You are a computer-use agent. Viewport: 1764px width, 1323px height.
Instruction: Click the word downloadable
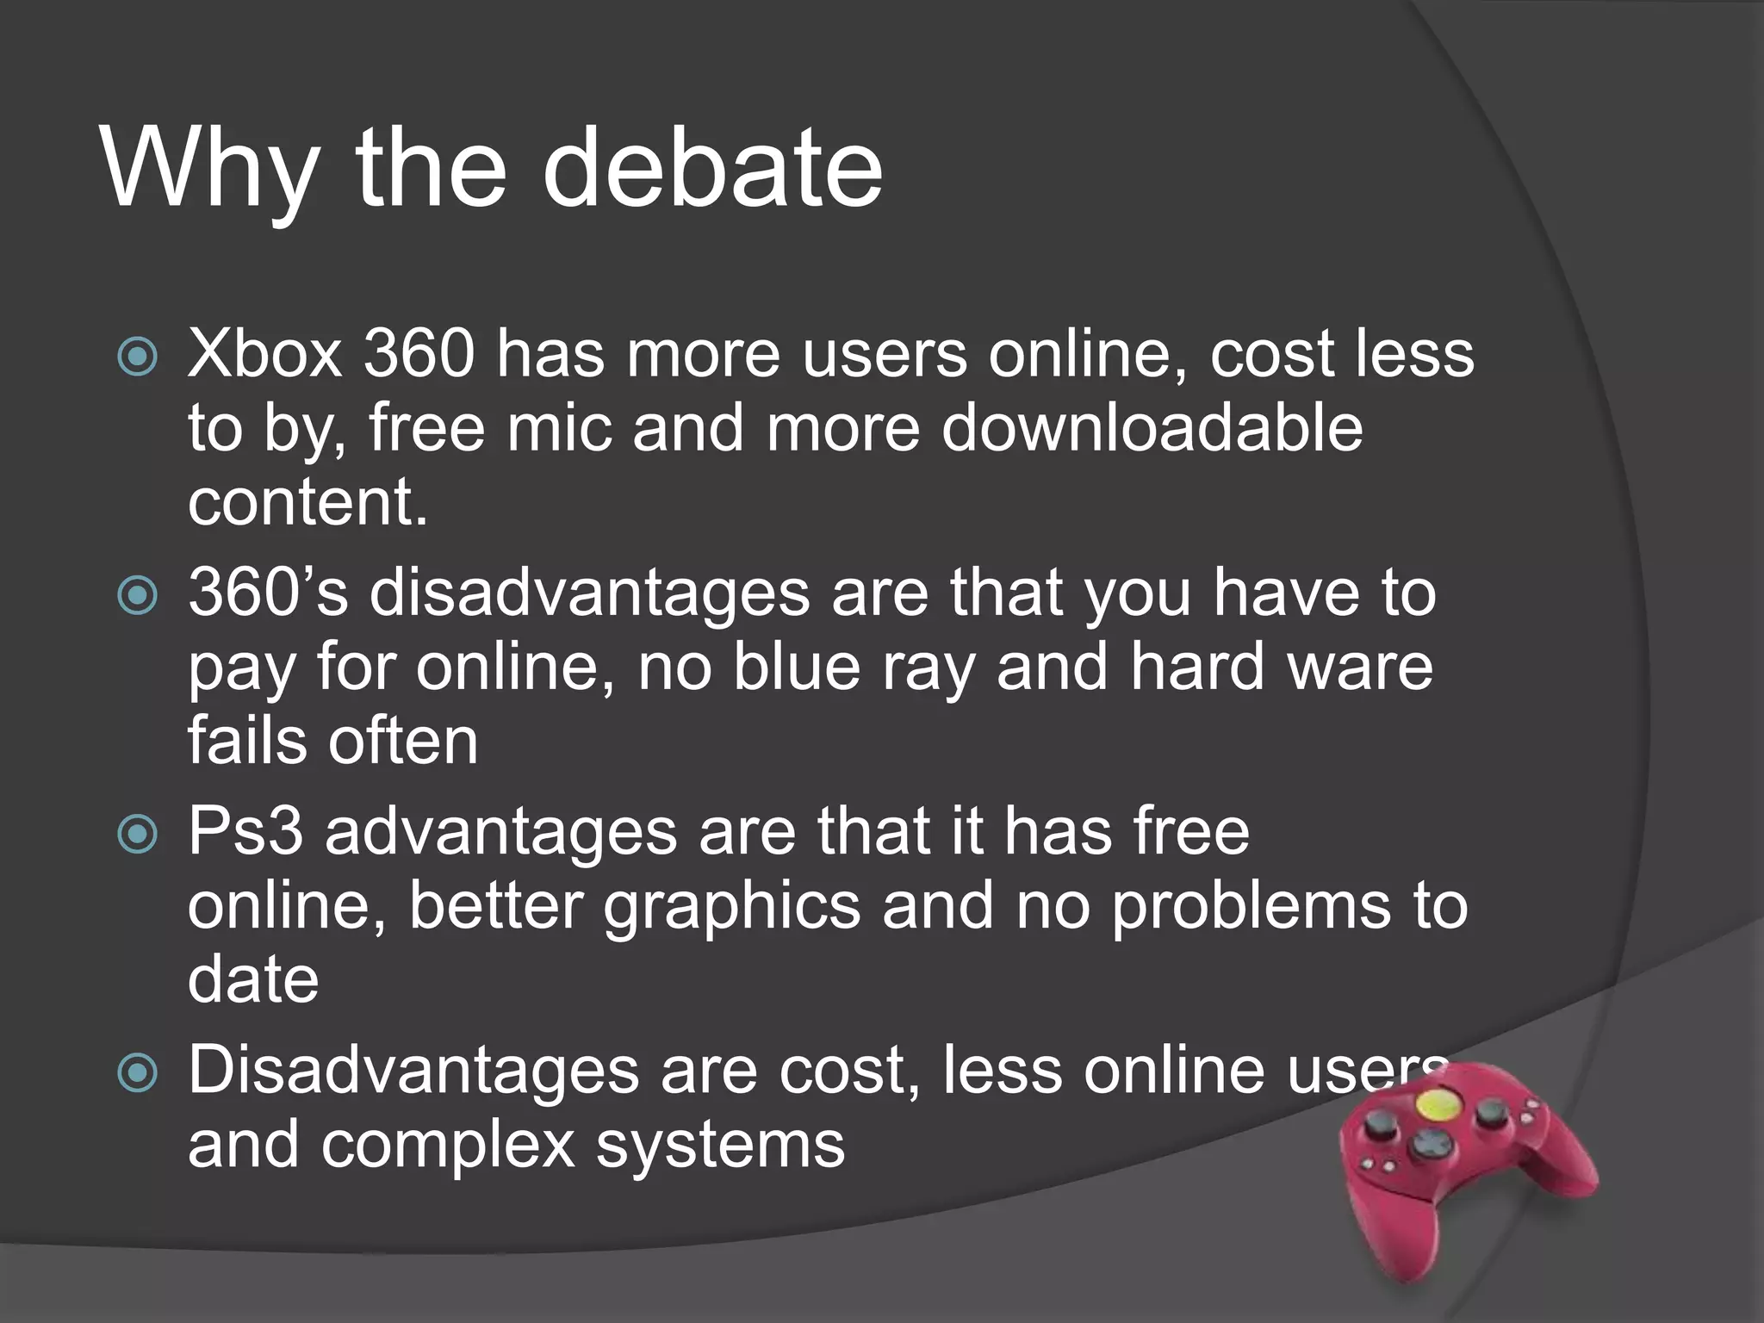(x=1152, y=428)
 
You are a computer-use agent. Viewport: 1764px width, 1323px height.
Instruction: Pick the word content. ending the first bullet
(x=307, y=502)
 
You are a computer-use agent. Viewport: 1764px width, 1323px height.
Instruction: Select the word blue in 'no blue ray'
(x=797, y=667)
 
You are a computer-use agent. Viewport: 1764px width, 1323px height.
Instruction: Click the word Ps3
(x=245, y=831)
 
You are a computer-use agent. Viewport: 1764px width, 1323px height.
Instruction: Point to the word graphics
(x=731, y=906)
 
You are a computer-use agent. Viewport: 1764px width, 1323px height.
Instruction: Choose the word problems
(x=1250, y=906)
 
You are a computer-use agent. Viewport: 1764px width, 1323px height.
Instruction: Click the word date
(x=253, y=979)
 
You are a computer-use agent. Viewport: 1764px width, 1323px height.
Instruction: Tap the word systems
(x=720, y=1146)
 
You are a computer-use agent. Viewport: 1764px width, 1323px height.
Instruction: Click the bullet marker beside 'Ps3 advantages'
(x=138, y=834)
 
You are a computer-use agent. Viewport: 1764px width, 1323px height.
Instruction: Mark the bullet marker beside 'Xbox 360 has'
(x=138, y=356)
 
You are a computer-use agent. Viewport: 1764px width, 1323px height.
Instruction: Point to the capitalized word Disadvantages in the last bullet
(x=413, y=1071)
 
